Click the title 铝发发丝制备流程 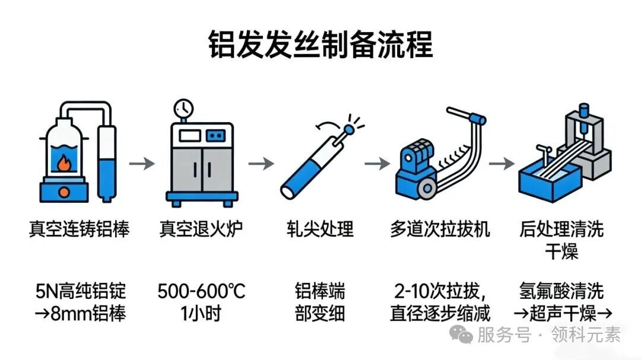[x=320, y=44]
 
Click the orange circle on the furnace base [x=64, y=192]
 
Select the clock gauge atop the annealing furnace [x=183, y=109]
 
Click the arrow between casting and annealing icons [x=142, y=164]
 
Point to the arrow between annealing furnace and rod [x=261, y=164]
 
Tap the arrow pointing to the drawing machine [x=377, y=164]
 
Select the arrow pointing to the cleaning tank [x=502, y=164]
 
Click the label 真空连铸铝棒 [x=80, y=230]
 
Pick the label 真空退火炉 [x=201, y=230]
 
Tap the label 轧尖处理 [x=320, y=230]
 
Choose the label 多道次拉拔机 [x=440, y=230]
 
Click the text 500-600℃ [x=201, y=291]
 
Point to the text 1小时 [x=201, y=314]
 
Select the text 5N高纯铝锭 [x=81, y=291]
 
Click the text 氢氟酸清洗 [x=561, y=291]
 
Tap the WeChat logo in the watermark [x=461, y=334]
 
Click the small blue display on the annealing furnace [x=215, y=136]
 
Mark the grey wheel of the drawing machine [x=427, y=189]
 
